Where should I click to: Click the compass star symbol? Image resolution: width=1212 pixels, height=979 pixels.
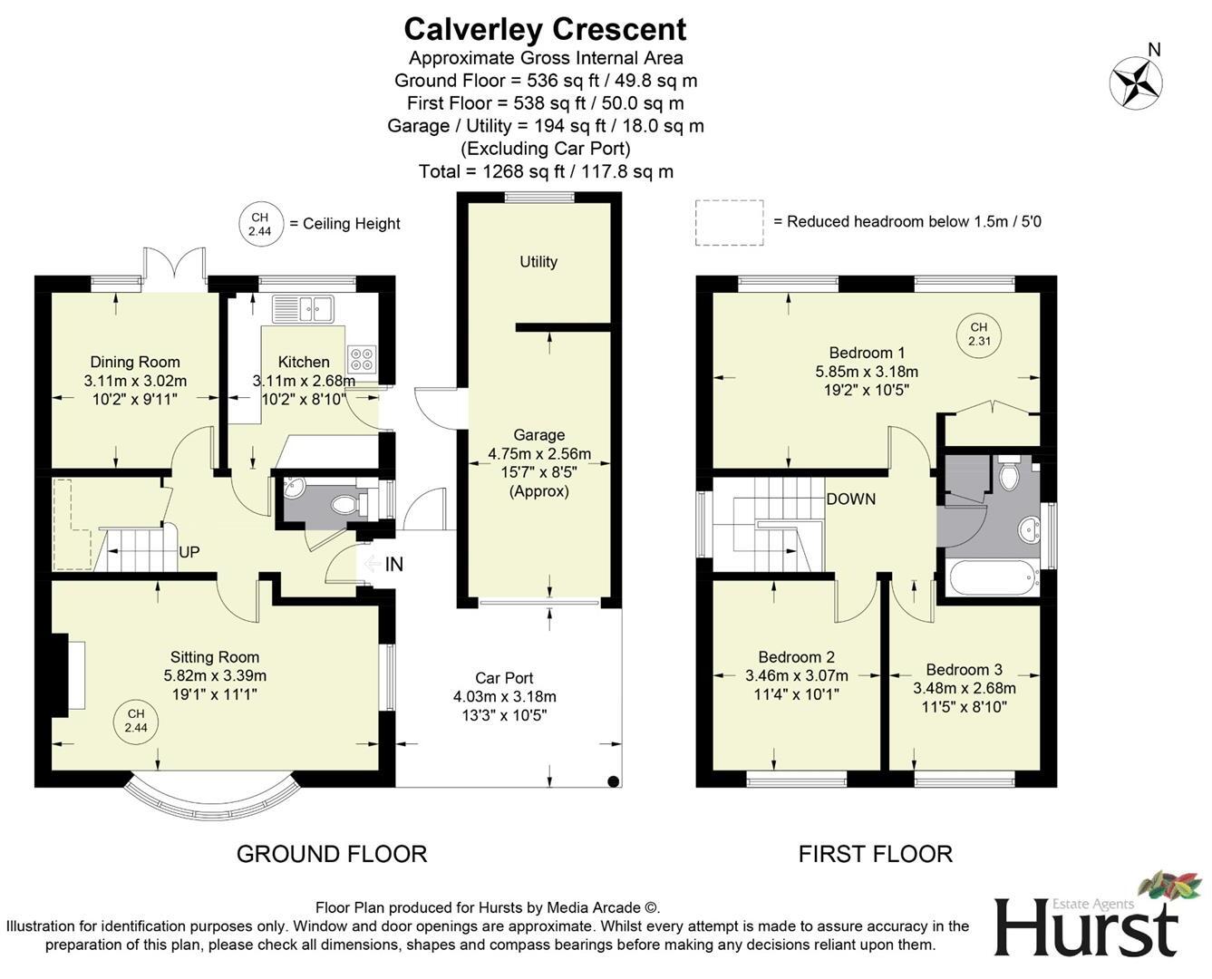[1136, 83]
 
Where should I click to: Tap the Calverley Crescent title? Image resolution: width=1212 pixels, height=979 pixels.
[545, 30]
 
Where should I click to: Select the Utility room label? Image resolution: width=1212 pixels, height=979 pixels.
[538, 262]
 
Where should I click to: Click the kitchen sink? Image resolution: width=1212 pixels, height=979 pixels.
[303, 309]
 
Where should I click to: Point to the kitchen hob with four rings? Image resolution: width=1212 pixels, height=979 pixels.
[362, 358]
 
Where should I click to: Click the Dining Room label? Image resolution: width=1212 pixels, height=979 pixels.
[135, 362]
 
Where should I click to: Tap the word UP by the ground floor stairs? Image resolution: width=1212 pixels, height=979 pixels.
[189, 552]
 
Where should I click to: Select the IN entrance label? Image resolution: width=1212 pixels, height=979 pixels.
[393, 565]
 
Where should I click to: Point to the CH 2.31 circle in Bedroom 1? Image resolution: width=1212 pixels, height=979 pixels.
[979, 334]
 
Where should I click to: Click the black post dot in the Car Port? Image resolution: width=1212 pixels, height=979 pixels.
[613, 781]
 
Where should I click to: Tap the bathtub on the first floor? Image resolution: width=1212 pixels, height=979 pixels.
[994, 578]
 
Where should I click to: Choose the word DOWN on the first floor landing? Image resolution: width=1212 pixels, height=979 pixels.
[850, 499]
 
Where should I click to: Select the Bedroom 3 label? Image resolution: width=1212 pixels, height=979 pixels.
[964, 670]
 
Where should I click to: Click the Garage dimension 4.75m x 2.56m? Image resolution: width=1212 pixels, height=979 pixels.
[538, 454]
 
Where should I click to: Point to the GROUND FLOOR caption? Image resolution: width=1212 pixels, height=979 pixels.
[332, 855]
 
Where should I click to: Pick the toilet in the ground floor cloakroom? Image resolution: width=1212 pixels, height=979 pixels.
[347, 504]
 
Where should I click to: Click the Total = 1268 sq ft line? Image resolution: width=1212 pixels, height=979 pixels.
[546, 171]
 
